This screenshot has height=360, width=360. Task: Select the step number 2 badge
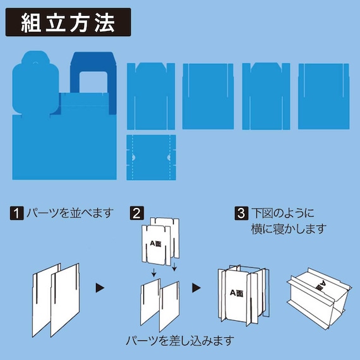136,213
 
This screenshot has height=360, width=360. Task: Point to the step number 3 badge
241,213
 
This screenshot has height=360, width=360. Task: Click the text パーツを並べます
69,213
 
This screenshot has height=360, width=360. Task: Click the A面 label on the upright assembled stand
237,292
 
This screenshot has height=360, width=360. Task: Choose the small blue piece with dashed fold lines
151,156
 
